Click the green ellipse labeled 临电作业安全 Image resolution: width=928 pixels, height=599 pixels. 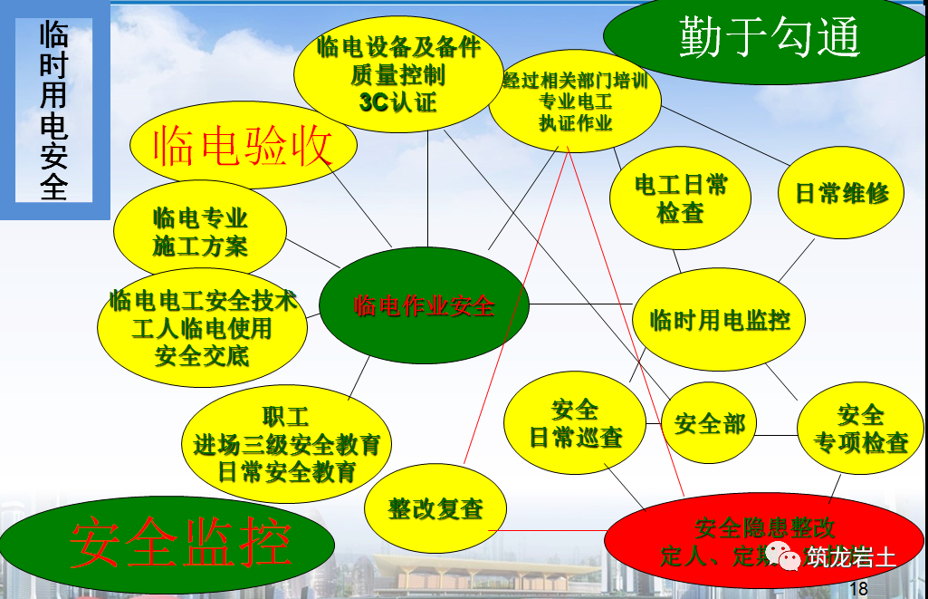(424, 306)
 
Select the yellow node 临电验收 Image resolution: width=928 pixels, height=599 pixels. (243, 146)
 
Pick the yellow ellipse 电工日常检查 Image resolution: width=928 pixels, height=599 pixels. (681, 199)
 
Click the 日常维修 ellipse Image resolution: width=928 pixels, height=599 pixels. (842, 193)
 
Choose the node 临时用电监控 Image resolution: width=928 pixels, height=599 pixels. (720, 319)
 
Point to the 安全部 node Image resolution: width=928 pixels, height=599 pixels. (709, 423)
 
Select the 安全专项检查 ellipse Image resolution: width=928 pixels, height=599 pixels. (860, 429)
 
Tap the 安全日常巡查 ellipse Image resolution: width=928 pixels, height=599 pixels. (576, 423)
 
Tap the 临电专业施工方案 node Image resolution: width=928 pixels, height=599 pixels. (200, 231)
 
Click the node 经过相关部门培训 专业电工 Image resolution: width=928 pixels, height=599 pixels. (576, 101)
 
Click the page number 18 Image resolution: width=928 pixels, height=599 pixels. (858, 588)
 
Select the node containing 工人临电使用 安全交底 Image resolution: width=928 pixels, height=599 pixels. (202, 327)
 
